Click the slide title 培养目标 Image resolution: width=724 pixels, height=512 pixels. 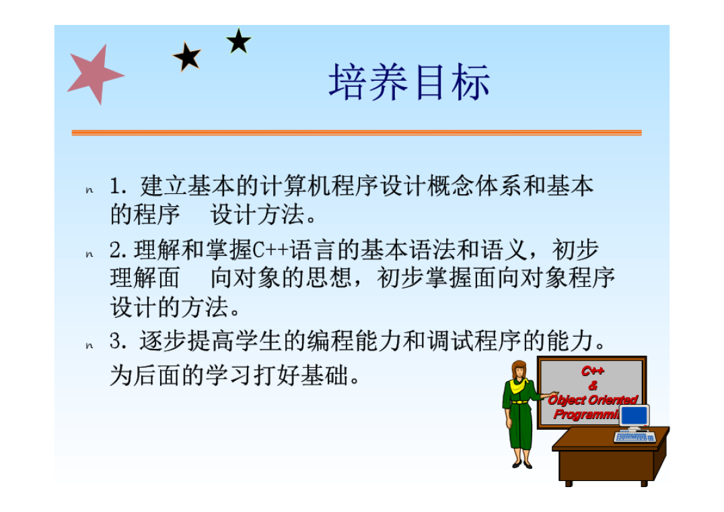(x=409, y=83)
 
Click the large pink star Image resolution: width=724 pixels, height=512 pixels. (x=95, y=74)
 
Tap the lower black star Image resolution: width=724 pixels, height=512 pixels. (x=187, y=57)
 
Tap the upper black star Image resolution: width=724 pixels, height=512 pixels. (x=238, y=42)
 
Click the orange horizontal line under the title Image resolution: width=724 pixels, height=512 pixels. (x=357, y=133)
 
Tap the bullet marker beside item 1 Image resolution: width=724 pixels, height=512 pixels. (x=89, y=191)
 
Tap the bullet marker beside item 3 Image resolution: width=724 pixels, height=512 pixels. (x=89, y=346)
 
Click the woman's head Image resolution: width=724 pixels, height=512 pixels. (x=519, y=370)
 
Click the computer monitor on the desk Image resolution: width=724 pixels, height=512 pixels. (x=635, y=416)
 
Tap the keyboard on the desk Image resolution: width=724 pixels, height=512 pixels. (x=635, y=437)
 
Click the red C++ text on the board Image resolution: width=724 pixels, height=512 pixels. (x=593, y=371)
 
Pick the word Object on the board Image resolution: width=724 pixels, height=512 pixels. (x=567, y=399)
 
